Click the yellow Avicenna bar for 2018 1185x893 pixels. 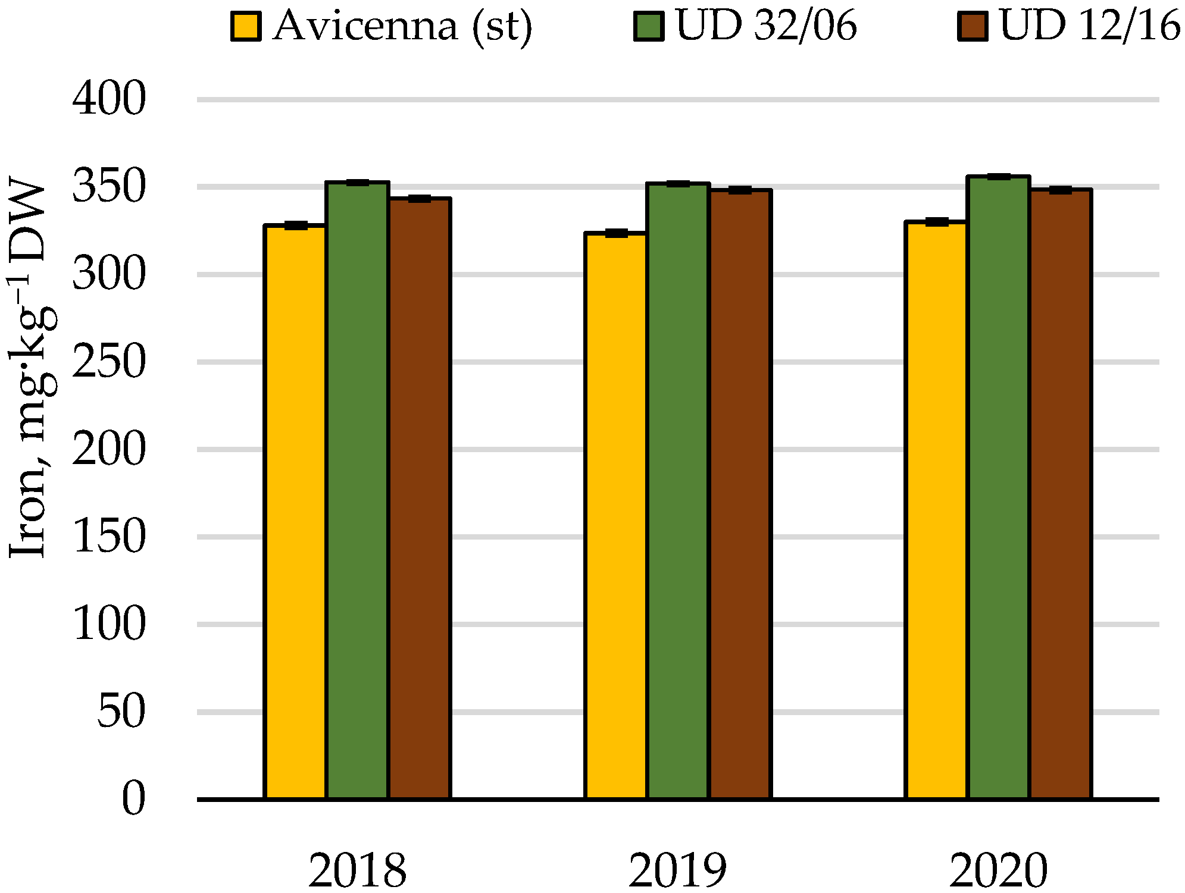(295, 512)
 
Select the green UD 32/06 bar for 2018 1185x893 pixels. (358, 490)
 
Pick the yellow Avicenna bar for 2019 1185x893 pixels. (615, 515)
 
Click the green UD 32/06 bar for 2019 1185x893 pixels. (678, 491)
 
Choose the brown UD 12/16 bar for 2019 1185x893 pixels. (740, 494)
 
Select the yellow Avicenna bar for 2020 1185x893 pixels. (936, 510)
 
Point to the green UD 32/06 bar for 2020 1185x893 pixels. (999, 488)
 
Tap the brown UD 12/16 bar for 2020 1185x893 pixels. (1061, 494)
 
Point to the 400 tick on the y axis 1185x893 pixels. (110, 99)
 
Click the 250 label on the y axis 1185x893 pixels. (110, 362)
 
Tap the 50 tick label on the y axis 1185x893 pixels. (121, 712)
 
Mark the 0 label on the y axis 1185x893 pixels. (133, 799)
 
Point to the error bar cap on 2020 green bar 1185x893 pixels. (999, 177)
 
